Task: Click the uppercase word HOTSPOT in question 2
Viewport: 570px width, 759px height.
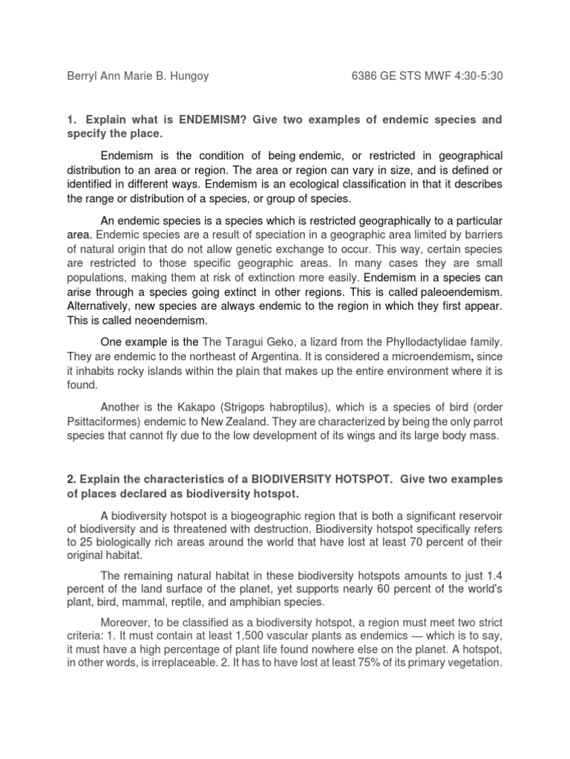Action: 347,479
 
